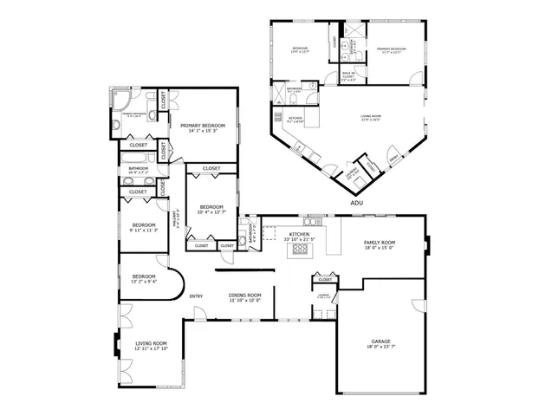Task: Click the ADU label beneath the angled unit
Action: (x=355, y=203)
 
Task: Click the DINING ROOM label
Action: (x=245, y=296)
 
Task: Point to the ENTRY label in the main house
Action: (x=197, y=296)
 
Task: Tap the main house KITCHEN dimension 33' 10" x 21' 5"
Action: (x=299, y=238)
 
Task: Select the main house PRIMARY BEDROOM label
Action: (x=202, y=126)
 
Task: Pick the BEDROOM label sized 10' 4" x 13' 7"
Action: (x=211, y=207)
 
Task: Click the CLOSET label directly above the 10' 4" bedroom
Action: (x=211, y=168)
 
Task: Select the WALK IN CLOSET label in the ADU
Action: (x=348, y=75)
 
